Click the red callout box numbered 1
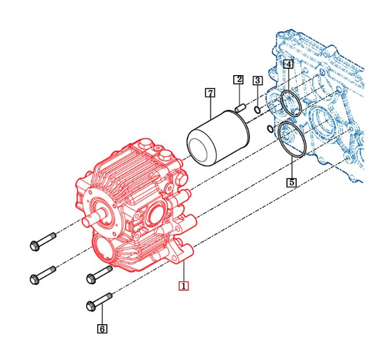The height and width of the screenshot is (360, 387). (183, 285)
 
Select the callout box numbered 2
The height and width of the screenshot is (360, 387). (238, 79)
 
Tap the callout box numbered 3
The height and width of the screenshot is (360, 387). (258, 80)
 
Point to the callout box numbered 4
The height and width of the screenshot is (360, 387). (288, 64)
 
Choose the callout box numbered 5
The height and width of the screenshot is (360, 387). (292, 182)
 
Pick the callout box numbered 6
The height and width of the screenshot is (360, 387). (102, 329)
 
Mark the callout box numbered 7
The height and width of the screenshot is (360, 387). (210, 92)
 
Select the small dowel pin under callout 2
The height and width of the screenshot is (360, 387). (241, 106)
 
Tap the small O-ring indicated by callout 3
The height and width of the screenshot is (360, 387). (257, 110)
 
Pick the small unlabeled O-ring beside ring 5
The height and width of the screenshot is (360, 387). (270, 128)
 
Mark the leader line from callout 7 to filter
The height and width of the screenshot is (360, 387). (210, 109)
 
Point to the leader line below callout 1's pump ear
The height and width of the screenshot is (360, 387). (183, 272)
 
